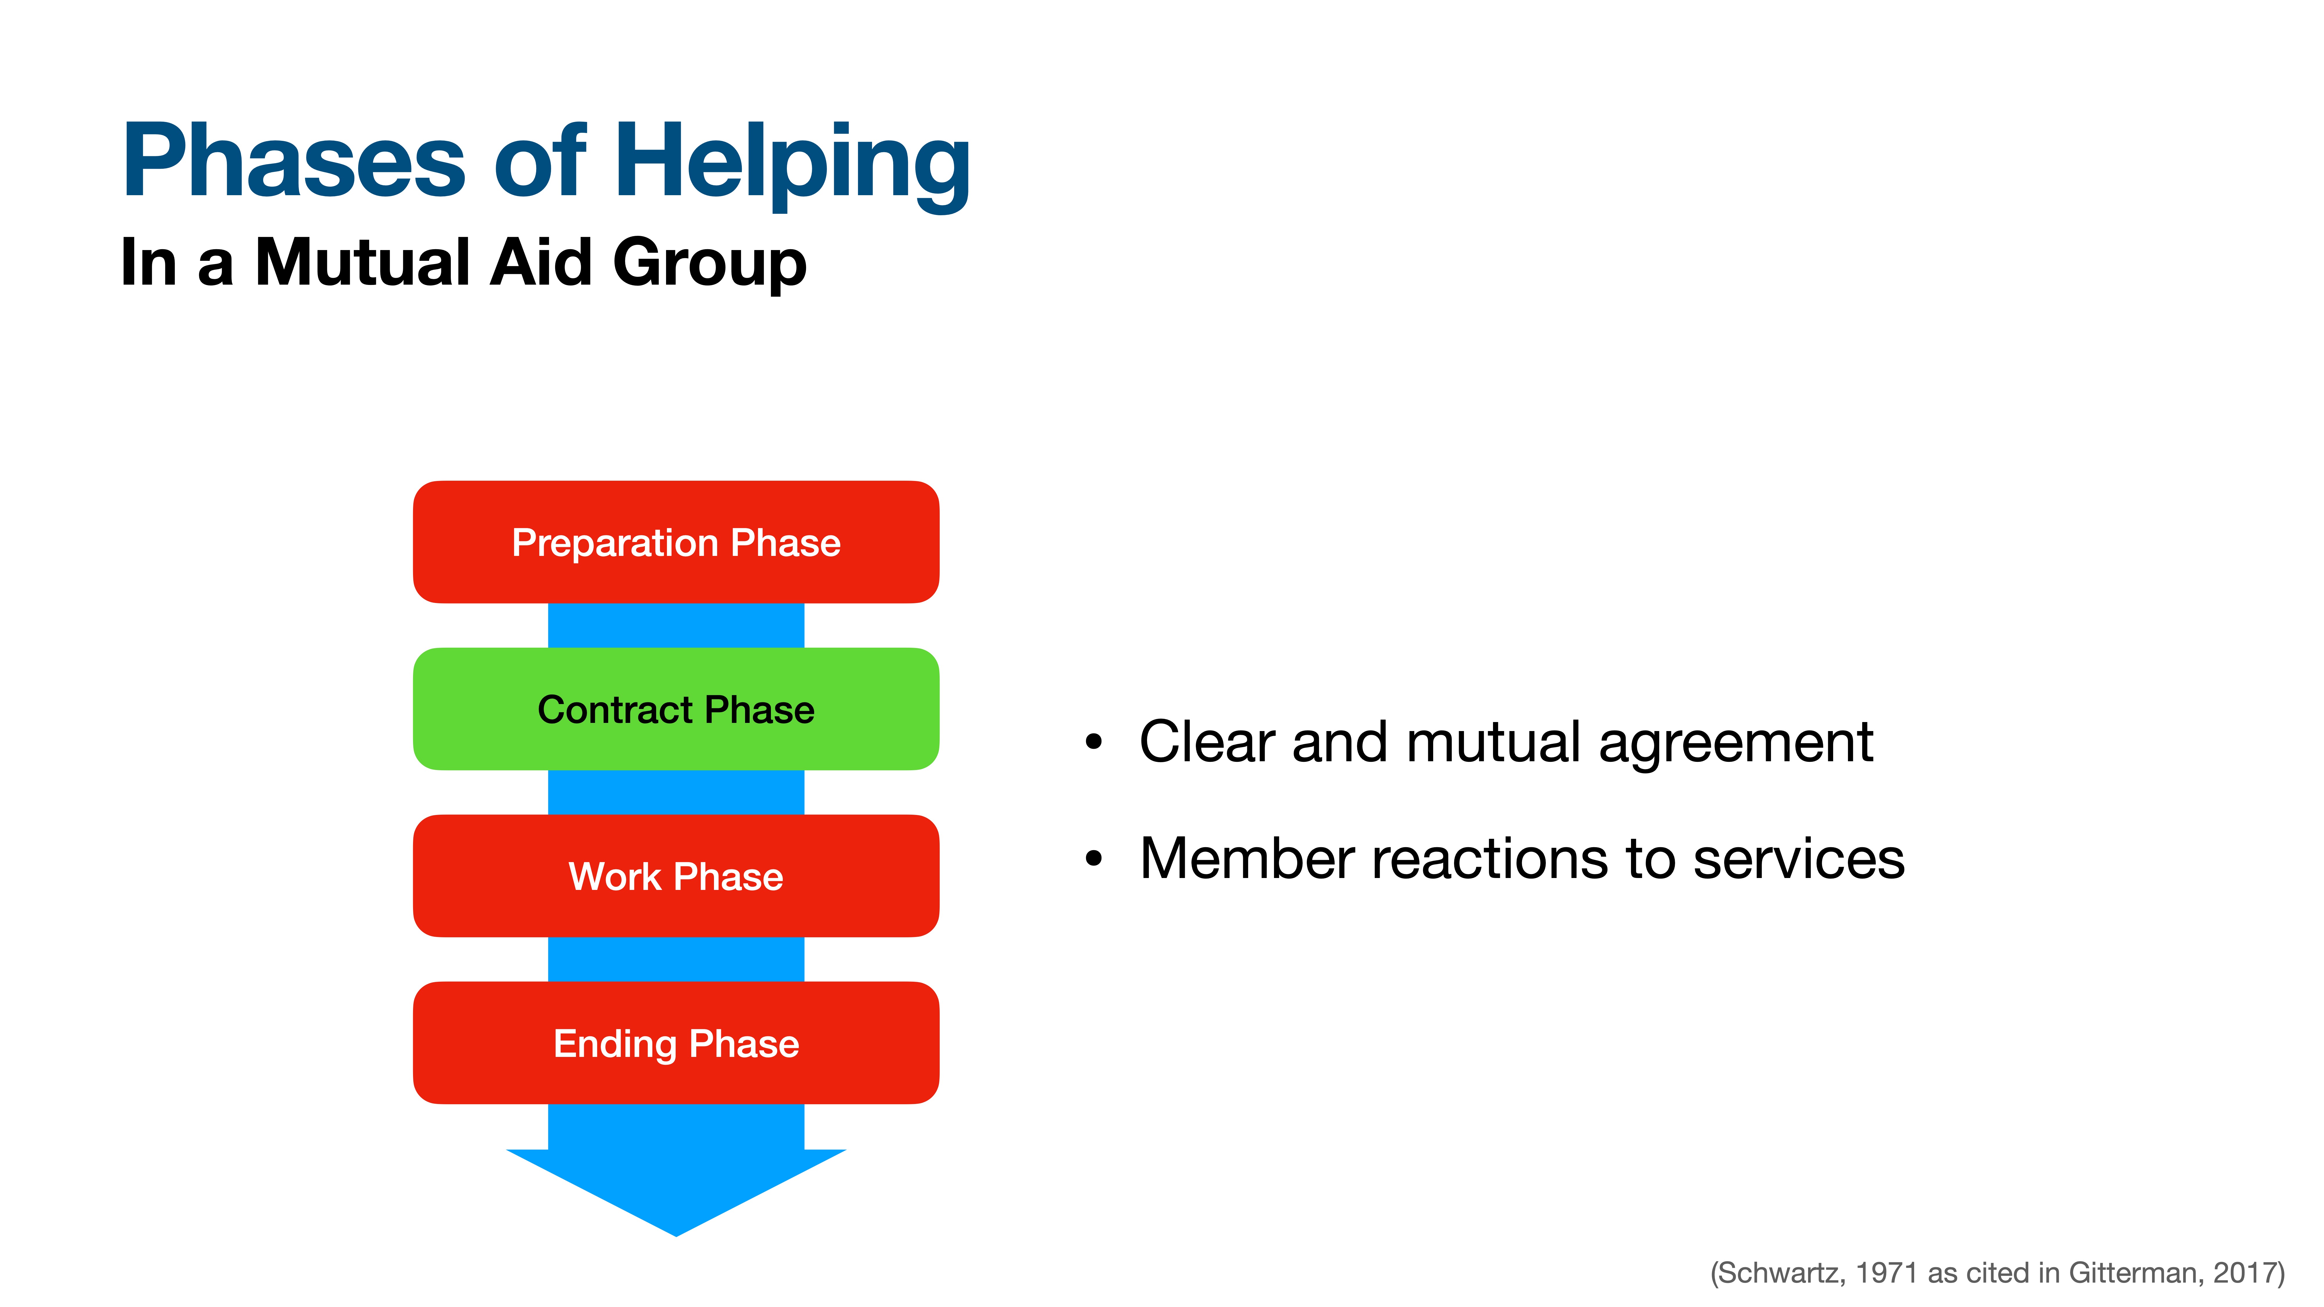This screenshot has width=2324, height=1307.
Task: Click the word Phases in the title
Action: (293, 162)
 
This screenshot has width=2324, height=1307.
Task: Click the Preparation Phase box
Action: (676, 542)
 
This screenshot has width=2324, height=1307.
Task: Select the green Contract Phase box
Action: (676, 709)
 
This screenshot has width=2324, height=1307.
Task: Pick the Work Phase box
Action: (676, 876)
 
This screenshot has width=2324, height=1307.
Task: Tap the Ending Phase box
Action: (676, 1043)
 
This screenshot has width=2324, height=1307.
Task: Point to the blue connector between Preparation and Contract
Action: (676, 625)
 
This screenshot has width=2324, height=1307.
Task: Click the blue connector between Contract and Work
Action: (676, 792)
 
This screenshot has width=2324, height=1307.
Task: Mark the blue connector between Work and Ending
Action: (676, 959)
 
